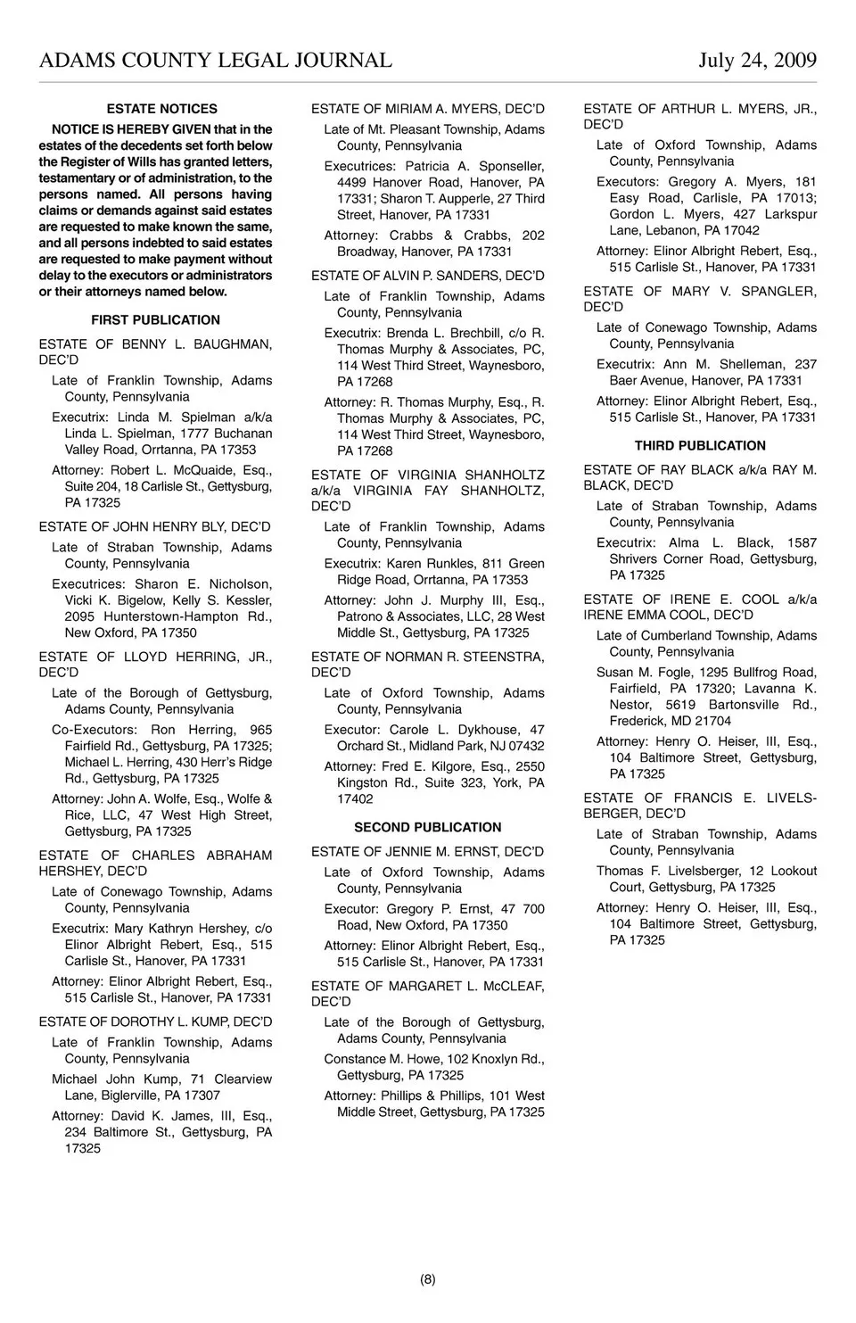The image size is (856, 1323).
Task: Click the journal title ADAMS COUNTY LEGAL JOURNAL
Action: coord(215,60)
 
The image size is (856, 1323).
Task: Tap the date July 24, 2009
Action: coord(757,60)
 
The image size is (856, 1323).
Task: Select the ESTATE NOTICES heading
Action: coord(161,109)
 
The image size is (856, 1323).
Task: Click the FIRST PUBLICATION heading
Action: coord(155,320)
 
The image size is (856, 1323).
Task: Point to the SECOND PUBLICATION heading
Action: coord(428,828)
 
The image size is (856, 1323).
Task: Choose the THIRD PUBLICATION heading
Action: coord(700,446)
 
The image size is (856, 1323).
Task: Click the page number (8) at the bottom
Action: coord(428,1279)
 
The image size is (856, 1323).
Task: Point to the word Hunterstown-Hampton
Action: coord(170,616)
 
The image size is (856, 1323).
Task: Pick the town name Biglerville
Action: coord(140,1096)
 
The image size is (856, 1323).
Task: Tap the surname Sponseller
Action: coord(511,167)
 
